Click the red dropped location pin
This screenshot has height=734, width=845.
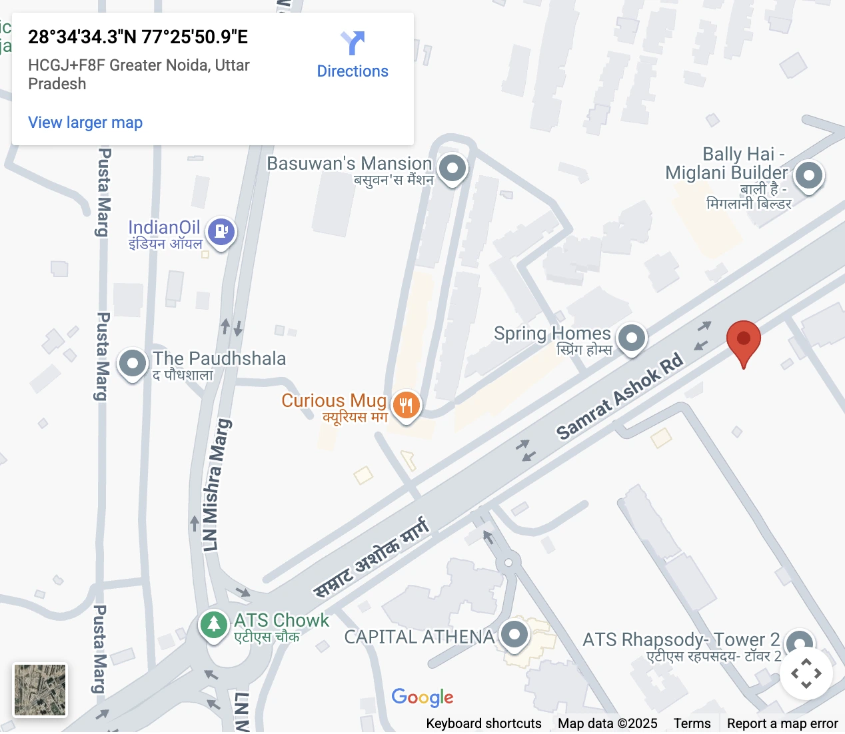coord(743,339)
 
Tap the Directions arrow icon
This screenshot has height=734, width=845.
coord(353,43)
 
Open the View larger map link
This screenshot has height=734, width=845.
coord(85,123)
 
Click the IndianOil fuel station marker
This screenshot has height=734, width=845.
coord(221,232)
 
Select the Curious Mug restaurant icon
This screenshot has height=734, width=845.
coord(406,404)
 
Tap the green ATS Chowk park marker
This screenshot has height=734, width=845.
coord(213,625)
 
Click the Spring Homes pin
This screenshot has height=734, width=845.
coord(631,338)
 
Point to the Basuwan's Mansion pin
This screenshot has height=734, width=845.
coord(452,168)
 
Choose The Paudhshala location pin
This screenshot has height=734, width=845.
coord(132,364)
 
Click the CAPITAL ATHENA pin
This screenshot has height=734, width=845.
coord(514,633)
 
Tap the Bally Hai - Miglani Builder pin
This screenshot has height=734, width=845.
coord(809,176)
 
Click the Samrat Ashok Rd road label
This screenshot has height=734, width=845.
coord(620,396)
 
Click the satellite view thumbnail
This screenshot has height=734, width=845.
coord(40,690)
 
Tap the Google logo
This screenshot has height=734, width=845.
coord(422,697)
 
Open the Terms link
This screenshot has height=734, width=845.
coord(692,723)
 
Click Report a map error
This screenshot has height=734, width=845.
coord(782,723)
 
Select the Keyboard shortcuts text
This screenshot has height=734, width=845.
coord(484,723)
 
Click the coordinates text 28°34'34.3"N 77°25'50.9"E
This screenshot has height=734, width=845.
coord(138,37)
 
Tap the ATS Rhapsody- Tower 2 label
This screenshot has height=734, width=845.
coord(681,640)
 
